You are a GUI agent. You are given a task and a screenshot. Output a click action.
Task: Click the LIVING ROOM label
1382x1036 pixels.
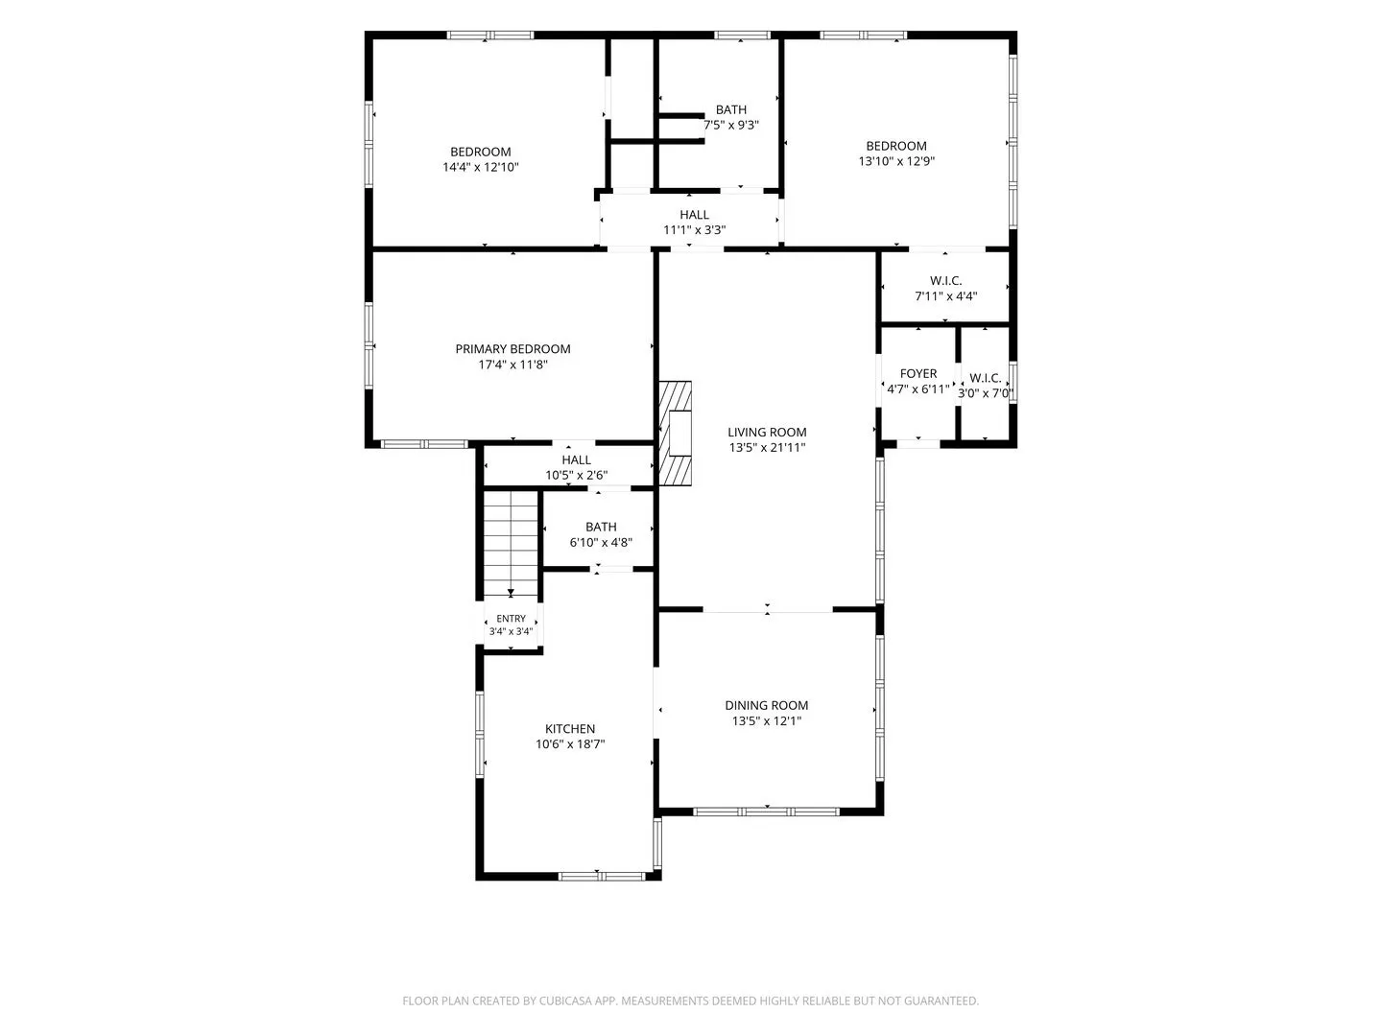(x=766, y=432)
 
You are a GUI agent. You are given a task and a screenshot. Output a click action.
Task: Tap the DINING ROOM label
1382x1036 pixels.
(x=766, y=705)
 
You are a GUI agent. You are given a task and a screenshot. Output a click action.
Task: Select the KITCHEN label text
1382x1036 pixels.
(x=570, y=728)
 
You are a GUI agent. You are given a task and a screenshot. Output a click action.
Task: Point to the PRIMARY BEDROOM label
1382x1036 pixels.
(x=512, y=349)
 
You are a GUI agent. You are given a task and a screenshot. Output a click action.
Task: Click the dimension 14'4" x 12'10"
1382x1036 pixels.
(x=481, y=167)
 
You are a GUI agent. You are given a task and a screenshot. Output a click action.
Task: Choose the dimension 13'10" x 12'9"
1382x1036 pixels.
(x=896, y=161)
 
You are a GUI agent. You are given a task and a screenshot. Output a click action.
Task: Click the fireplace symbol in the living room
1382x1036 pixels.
(x=675, y=434)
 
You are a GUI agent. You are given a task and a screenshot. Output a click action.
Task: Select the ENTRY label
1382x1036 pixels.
(x=511, y=619)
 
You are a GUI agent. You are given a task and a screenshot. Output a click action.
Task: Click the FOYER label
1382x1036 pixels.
(x=918, y=374)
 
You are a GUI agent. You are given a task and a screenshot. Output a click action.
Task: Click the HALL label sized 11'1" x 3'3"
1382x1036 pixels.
(x=694, y=215)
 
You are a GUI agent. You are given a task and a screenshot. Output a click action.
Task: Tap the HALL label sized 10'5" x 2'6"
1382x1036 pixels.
(x=576, y=459)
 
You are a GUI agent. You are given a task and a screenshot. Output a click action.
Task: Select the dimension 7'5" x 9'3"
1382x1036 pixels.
(x=731, y=125)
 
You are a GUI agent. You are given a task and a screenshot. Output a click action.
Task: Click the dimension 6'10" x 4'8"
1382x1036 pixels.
(x=601, y=542)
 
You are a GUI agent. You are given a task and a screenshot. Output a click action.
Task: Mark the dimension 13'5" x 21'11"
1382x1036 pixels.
(x=767, y=448)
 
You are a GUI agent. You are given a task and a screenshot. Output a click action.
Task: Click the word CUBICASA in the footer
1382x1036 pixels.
(x=564, y=1001)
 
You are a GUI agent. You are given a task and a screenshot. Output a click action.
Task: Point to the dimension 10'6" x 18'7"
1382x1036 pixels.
(x=570, y=744)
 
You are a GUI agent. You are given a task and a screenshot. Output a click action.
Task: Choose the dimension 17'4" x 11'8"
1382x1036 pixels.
(x=512, y=365)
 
